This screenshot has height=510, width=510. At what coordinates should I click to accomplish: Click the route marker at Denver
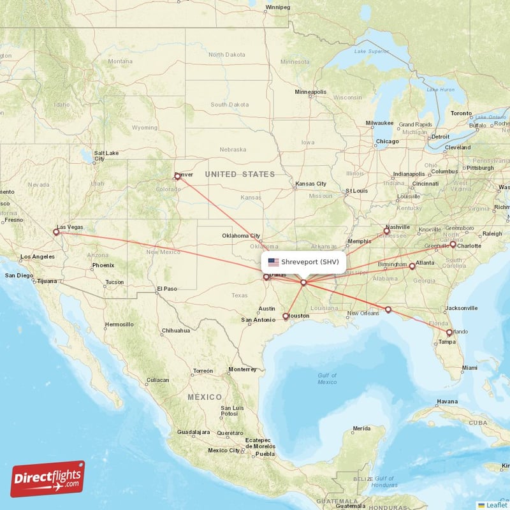(x=177, y=176)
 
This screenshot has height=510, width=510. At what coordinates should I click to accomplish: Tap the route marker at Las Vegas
(x=57, y=232)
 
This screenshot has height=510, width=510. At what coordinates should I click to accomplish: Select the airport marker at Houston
(x=285, y=316)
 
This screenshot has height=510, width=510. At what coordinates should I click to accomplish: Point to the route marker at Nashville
(x=386, y=231)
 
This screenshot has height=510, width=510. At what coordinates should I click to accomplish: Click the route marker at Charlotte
(x=453, y=244)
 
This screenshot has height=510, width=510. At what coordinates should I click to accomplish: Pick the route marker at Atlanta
(x=412, y=266)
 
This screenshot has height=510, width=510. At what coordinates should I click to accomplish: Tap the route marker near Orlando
(x=449, y=332)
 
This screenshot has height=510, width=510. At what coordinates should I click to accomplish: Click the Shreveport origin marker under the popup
(x=303, y=282)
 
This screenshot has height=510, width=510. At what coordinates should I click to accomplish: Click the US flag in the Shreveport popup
(x=273, y=261)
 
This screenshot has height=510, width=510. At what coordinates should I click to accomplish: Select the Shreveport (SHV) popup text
(x=310, y=261)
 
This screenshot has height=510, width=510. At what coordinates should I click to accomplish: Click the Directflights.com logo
(x=48, y=479)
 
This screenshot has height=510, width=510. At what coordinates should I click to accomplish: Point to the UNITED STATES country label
(x=240, y=174)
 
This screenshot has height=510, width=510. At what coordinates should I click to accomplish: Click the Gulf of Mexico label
(x=327, y=379)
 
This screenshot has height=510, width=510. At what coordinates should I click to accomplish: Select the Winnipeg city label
(x=277, y=7)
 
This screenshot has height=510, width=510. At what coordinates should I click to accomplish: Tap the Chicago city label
(x=387, y=141)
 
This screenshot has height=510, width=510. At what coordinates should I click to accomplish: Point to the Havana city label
(x=446, y=401)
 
